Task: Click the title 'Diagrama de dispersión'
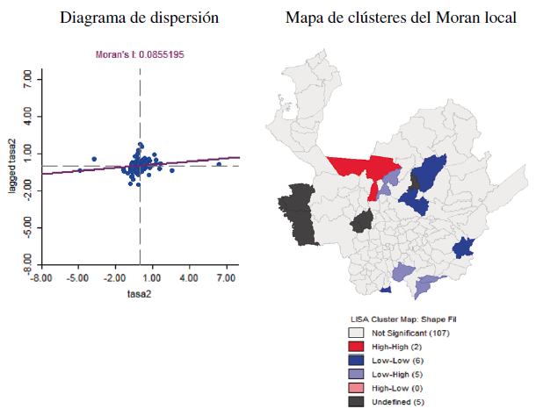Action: click(x=141, y=18)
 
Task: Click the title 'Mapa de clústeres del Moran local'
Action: click(x=401, y=18)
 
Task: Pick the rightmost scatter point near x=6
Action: click(x=219, y=164)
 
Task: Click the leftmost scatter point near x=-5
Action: click(x=80, y=170)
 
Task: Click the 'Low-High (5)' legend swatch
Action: click(x=356, y=373)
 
